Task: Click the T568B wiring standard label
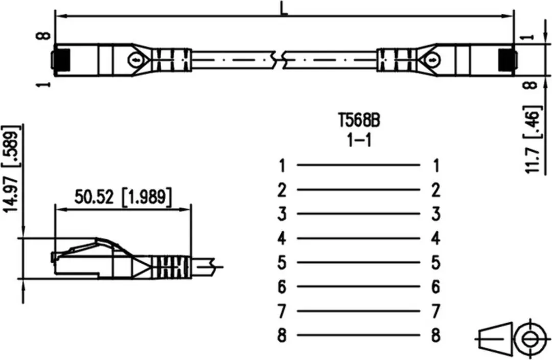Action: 359,121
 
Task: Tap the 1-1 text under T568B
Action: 359,141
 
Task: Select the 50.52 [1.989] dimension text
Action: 123,197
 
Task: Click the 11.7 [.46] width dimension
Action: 533,140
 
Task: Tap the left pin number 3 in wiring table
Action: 282,214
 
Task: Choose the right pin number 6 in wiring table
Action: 436,287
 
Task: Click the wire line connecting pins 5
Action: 359,262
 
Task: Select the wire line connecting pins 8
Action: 359,335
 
